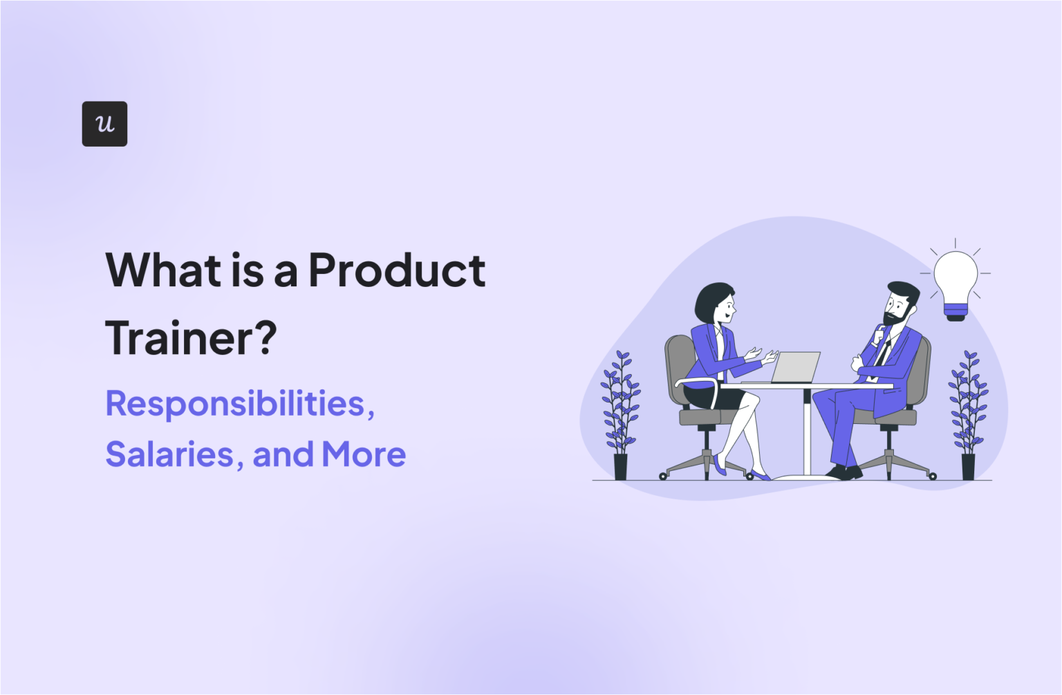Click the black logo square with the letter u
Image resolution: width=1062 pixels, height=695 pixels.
click(104, 124)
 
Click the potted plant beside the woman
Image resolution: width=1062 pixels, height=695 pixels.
click(620, 415)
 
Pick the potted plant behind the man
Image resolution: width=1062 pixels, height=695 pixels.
click(968, 415)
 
